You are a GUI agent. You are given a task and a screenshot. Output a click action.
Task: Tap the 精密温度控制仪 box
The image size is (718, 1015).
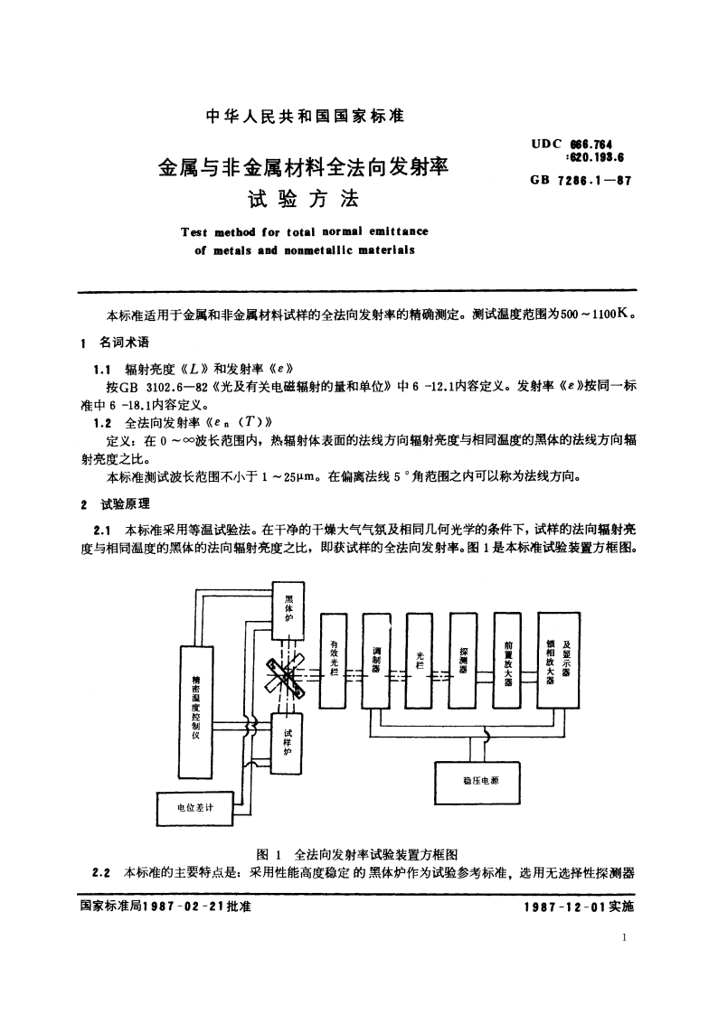pyautogui.click(x=196, y=710)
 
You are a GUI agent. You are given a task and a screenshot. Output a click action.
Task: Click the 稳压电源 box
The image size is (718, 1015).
pyautogui.click(x=479, y=779)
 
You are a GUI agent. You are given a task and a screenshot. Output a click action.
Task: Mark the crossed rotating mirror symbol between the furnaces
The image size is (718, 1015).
pyautogui.click(x=288, y=678)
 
